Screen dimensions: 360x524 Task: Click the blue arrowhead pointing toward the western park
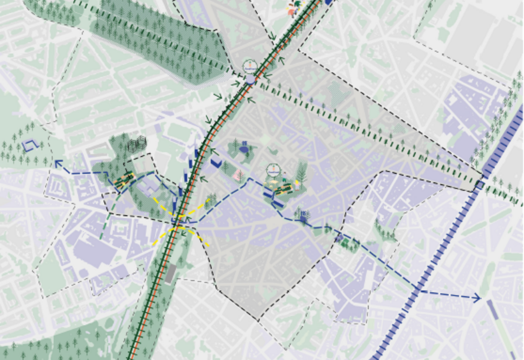pyautogui.click(x=57, y=164)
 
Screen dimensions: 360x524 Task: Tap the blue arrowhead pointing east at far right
pyautogui.click(x=478, y=298)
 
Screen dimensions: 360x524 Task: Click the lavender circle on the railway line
pyautogui.click(x=250, y=79)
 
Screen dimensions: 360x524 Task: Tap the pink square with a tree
pyautogui.click(x=238, y=175)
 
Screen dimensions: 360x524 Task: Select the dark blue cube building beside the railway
pyautogui.click(x=216, y=163)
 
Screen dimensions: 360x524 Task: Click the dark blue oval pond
pyautogui.click(x=244, y=150)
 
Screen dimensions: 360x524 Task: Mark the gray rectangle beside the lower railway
pyautogui.click(x=170, y=273)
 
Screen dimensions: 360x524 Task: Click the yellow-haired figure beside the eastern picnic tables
pyautogui.click(x=297, y=185)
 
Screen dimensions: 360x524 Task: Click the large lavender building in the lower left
pyautogui.click(x=94, y=251)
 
